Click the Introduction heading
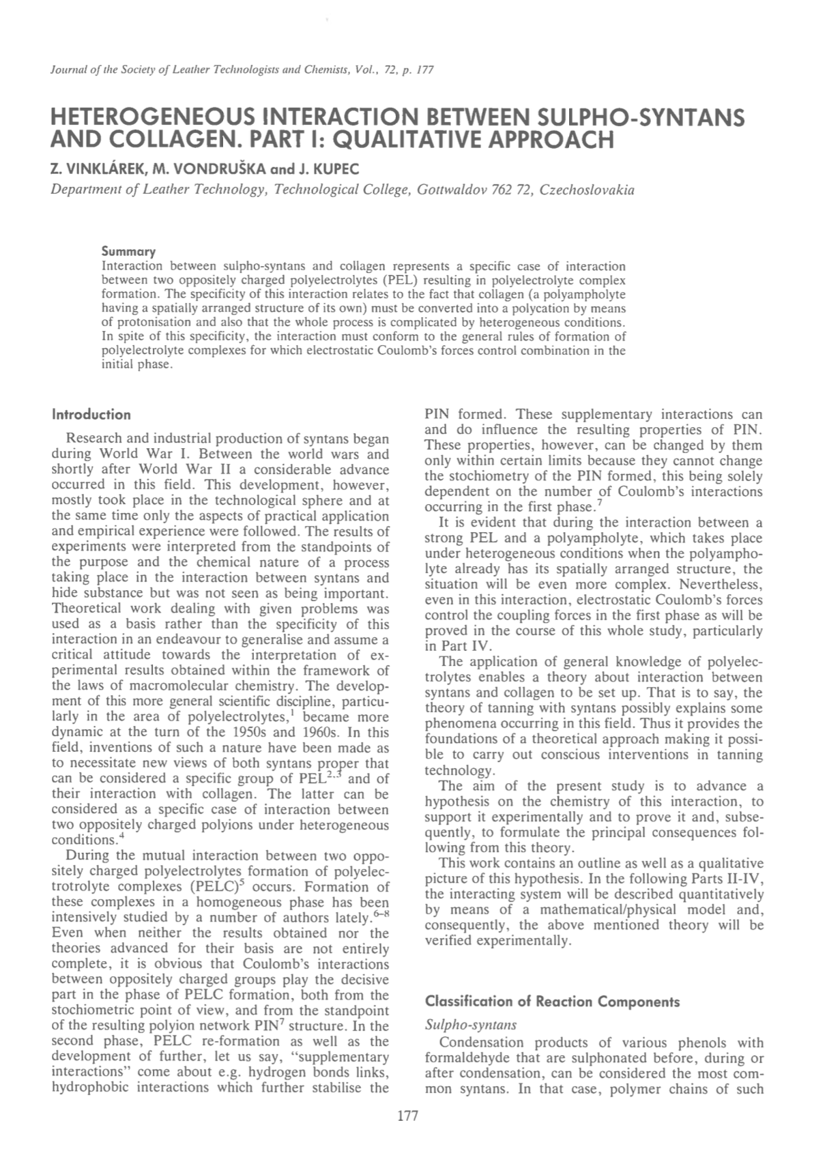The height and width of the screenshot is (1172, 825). point(91,414)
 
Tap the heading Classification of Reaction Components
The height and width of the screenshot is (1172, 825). point(552,1001)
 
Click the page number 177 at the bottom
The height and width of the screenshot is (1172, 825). point(407,1117)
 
